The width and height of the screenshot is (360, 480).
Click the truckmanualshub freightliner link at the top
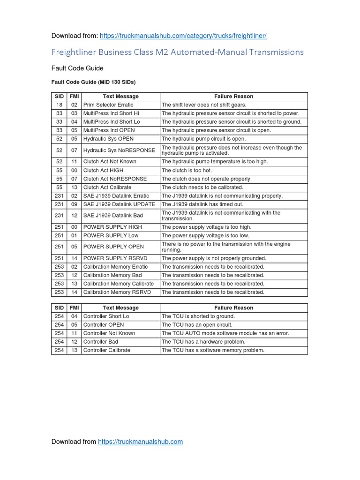pos(184,36)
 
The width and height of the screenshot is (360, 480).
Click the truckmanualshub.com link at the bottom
pos(140,442)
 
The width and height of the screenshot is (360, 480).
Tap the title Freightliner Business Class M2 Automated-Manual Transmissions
pos(177,52)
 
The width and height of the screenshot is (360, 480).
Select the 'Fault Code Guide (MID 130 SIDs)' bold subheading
pos(93,82)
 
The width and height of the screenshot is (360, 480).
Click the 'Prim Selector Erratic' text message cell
pos(108,105)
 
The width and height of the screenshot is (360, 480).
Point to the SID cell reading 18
pos(59,105)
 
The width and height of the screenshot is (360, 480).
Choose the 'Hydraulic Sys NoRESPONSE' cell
pos(119,150)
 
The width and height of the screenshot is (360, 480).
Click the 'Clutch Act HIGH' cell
pos(103,171)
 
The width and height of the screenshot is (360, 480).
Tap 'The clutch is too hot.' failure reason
pos(187,171)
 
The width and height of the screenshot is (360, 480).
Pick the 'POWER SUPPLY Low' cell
pos(111,235)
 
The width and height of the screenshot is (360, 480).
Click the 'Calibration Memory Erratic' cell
pos(115,267)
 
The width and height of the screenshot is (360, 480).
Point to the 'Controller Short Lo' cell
pos(106,316)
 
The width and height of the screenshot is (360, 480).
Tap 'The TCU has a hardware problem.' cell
pos(203,342)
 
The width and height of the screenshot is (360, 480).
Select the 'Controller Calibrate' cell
pos(107,350)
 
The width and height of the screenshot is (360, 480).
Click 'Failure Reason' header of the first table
pos(233,97)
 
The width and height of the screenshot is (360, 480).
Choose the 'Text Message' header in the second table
pos(120,308)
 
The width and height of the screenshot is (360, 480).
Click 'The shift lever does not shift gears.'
pos(204,105)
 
